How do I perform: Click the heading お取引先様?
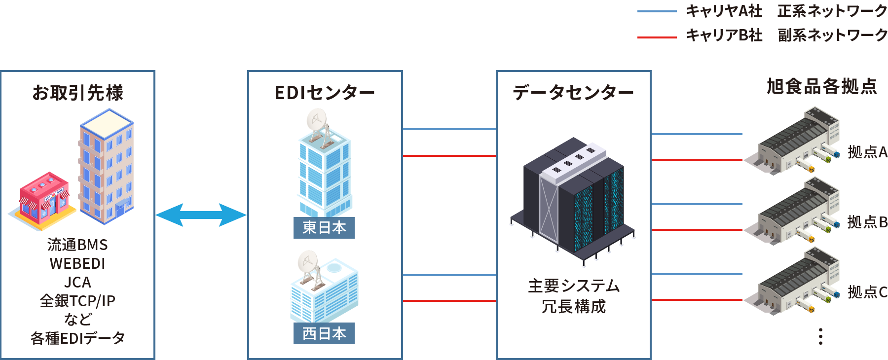pos(77,93)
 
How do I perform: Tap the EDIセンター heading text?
pos(325,93)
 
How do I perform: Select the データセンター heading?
pos(573,92)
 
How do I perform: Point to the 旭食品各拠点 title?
pos(822,86)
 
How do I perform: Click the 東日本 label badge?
pos(324,228)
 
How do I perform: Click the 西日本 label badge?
pos(324,334)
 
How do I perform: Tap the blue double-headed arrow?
pos(201,215)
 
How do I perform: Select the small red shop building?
pos(43,200)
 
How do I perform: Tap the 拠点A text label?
pos(867,152)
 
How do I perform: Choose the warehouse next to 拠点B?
pos(792,212)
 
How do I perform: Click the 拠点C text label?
pos(867,292)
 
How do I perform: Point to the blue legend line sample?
pos(657,12)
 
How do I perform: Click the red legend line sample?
pos(657,37)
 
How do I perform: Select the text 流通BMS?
pos(77,245)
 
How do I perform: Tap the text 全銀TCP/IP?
pos(77,301)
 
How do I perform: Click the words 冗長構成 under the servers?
pos(573,307)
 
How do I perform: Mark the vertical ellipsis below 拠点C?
pos(820,336)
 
